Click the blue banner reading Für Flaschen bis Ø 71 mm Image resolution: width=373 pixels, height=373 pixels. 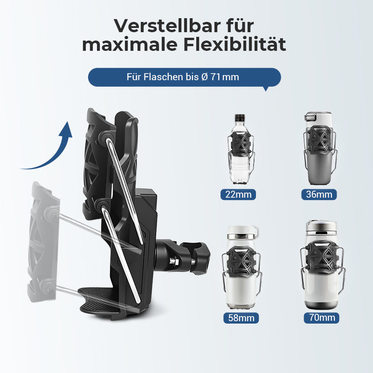pos(185,77)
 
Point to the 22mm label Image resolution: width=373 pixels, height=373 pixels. pos(238,194)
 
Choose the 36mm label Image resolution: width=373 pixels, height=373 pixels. pos(319,194)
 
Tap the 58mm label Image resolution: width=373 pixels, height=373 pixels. pos(241,318)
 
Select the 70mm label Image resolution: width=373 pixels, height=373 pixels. pos(322,318)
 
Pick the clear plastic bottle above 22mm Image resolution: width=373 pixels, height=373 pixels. pos(240,149)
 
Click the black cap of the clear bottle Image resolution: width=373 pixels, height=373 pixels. pos(240,117)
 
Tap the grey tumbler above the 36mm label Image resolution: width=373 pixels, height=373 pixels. pos(319,148)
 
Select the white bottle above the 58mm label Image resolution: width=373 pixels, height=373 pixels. pos(242,267)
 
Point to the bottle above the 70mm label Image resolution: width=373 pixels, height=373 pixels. pos(322,264)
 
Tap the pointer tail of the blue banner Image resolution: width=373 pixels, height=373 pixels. pos(266,89)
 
